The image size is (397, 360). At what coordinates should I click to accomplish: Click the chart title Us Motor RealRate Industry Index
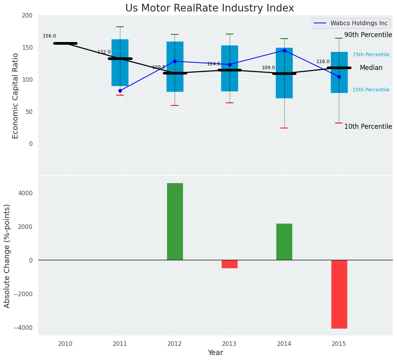pos(209,8)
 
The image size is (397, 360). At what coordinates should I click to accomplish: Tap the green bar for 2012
pos(175,222)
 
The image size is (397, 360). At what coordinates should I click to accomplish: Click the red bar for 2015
pos(339,294)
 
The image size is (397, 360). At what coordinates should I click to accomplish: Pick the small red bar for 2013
pos(230,264)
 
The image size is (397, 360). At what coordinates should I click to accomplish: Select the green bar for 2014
pos(284,242)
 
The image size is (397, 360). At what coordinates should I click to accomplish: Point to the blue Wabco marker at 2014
pos(284,50)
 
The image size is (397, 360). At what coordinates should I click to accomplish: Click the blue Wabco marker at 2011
pos(120,91)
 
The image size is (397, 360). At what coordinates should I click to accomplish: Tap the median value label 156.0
pos(49,36)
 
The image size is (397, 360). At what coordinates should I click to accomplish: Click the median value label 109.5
pos(159,67)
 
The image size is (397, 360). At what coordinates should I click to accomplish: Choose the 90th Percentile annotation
pos(368,35)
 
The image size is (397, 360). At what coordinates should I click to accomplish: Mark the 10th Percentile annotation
pos(368,127)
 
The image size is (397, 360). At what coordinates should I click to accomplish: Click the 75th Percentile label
pos(371,55)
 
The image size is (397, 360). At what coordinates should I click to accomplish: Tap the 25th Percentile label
pos(371,90)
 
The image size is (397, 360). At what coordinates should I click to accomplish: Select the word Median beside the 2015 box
pos(371,68)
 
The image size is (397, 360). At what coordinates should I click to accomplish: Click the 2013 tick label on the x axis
pos(230,344)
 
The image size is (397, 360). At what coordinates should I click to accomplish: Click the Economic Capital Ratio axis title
pos(16,96)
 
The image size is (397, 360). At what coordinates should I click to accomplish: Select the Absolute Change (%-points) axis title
pos(7,256)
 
